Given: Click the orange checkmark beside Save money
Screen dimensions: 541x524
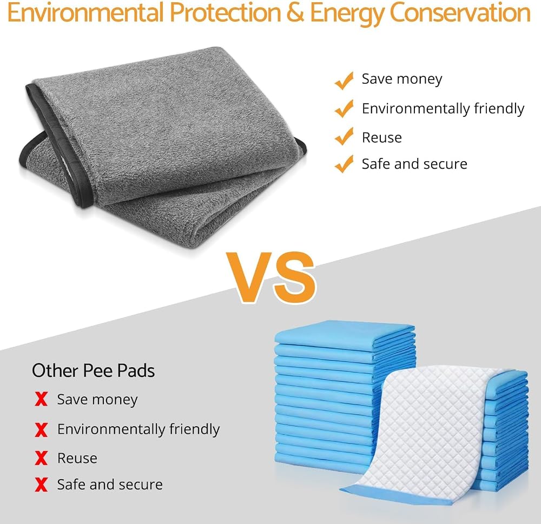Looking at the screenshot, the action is pos(344,81).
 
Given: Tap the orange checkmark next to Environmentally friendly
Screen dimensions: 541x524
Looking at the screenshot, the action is pos(344,108).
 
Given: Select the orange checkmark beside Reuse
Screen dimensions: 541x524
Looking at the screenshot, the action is pos(344,136).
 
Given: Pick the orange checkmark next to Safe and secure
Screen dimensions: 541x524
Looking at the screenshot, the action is pos(344,164).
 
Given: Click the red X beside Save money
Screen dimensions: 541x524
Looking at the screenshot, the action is pos(41,399).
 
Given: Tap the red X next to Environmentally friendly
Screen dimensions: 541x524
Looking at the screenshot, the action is pos(41,430).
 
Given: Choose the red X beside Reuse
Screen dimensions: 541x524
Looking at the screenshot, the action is pos(41,458).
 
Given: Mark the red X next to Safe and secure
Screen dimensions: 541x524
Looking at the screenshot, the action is pos(41,485).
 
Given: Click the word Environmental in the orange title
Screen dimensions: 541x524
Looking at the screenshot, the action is pos(85,13).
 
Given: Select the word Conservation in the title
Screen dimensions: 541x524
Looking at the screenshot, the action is pos(459,13).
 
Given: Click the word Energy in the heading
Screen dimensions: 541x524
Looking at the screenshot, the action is pos(347,15).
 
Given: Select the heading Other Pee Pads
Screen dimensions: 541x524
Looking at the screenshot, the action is pos(93,371).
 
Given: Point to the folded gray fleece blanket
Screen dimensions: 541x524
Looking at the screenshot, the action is pos(162,145).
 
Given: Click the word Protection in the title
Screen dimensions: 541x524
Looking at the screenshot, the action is pos(225,13).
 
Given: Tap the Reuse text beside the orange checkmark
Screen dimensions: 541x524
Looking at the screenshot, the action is pos(381,138).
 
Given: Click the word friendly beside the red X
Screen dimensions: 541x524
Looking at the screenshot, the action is pos(194,429).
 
